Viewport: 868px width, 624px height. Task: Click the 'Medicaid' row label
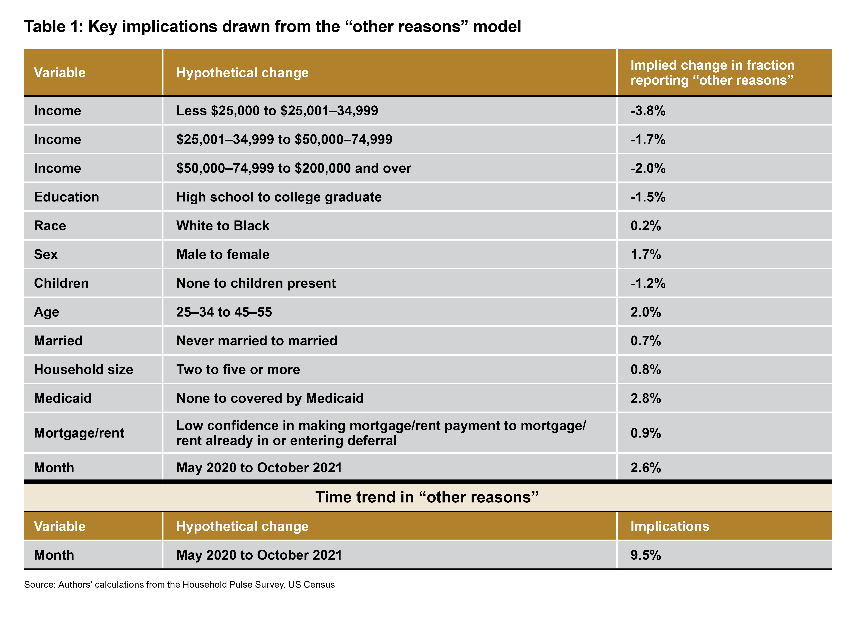63,398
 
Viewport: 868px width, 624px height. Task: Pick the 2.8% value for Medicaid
646,398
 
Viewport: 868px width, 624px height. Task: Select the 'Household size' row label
83,369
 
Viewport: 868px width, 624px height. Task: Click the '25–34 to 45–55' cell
224,312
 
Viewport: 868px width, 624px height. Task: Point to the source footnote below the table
179,585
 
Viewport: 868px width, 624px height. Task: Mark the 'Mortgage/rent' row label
79,433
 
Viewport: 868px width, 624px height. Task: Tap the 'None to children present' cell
256,283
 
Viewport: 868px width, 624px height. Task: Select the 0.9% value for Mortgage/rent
646,433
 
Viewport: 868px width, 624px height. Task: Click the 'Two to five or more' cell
238,369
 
